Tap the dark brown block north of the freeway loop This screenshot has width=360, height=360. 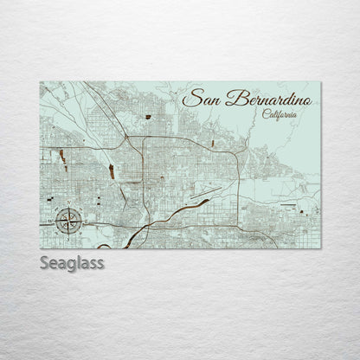[x=149, y=116]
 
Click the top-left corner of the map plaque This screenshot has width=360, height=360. [x=40, y=82]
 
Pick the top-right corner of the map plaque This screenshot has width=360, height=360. [x=320, y=82]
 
